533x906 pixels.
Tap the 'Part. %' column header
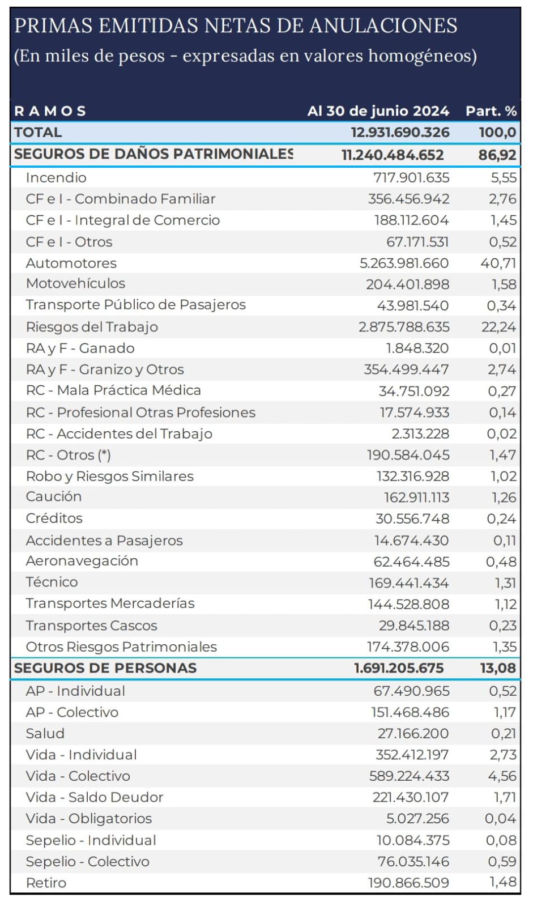[491, 111]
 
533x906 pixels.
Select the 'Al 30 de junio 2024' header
[378, 111]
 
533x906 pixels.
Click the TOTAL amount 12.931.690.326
[400, 133]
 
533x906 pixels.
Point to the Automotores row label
[71, 263]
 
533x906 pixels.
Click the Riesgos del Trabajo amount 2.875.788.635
[404, 327]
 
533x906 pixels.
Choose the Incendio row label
[56, 178]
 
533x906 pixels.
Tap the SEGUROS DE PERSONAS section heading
[105, 668]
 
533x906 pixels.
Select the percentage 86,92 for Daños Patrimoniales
[497, 155]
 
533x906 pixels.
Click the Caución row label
[54, 497]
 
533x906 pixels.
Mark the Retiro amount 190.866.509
[408, 883]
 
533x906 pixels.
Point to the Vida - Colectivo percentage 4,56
[502, 776]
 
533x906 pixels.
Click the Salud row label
[45, 734]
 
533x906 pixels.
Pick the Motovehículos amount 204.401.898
[407, 284]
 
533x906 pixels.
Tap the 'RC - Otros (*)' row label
[69, 455]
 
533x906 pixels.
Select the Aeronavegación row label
[82, 561]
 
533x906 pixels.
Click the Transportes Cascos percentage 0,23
[502, 626]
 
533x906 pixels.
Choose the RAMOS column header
[50, 111]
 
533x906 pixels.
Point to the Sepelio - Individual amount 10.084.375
[412, 840]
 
